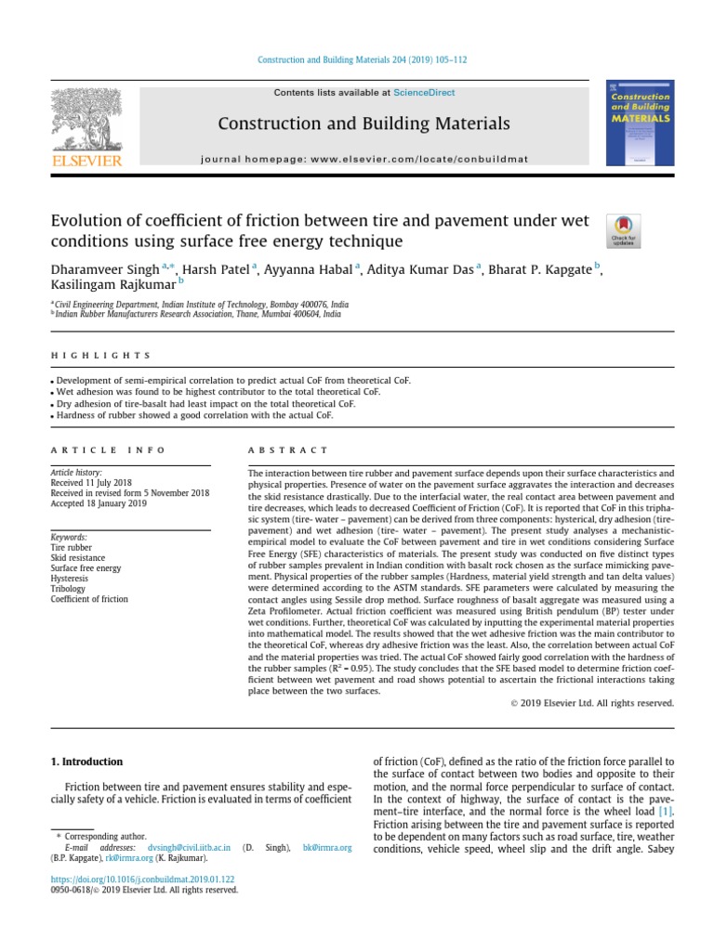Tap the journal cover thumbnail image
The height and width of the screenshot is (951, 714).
[x=640, y=124]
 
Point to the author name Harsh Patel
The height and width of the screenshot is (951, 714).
[x=214, y=269]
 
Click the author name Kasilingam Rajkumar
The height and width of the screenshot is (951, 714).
[x=111, y=286]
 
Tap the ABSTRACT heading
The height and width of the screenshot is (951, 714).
[x=288, y=449]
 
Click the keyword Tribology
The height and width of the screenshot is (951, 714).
[x=68, y=589]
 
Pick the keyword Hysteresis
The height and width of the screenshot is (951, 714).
[x=70, y=578]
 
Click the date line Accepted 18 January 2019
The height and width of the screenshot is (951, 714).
[x=99, y=504]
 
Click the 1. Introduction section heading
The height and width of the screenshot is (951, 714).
[x=86, y=762]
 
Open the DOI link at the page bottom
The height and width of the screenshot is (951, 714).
[x=142, y=879]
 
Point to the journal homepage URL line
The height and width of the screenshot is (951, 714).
[x=364, y=159]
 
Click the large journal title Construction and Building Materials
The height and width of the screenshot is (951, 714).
[x=364, y=124]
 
